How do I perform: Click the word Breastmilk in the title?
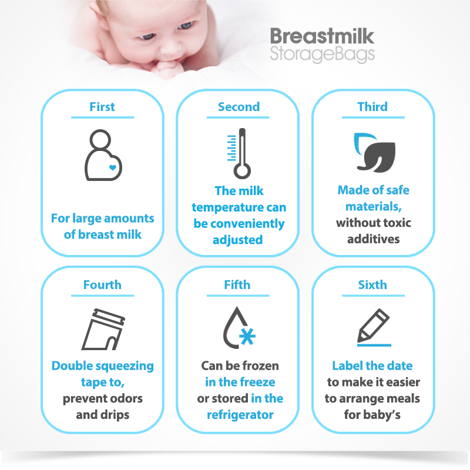coord(322,36)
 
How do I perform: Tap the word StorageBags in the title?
coord(322,54)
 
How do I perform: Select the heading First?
coord(102,107)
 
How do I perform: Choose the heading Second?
coord(239,107)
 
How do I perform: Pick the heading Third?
coord(372,107)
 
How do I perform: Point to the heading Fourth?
coord(102,285)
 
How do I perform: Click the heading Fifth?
coord(237,285)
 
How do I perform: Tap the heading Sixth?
coord(372,285)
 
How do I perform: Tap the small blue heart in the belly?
coord(113,167)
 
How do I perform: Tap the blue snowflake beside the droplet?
coord(247,336)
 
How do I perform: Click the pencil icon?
coord(374,325)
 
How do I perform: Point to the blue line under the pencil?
coord(374,345)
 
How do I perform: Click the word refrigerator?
coord(240,415)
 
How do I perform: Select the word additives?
coord(374,239)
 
